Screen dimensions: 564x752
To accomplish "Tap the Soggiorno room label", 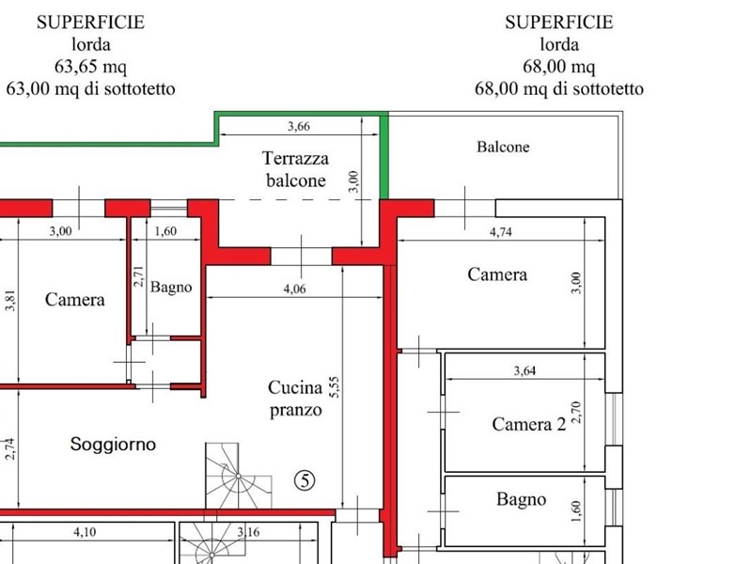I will tap(113, 445).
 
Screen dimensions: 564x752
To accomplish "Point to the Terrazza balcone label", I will tap(296, 169).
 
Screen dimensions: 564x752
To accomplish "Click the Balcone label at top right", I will tap(503, 147).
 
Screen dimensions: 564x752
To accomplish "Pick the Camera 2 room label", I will tap(529, 424).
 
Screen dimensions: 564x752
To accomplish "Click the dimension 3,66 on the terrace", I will tap(298, 126).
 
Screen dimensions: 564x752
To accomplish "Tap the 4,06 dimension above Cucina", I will tap(294, 290).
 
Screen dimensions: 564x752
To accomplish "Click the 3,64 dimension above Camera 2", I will tap(525, 371).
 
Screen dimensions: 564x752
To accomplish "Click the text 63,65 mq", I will tap(90, 67).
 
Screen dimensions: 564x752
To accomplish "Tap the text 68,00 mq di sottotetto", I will tap(559, 89).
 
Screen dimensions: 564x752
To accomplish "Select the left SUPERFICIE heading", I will tap(90, 23).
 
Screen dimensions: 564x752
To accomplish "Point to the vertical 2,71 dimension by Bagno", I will tap(138, 276).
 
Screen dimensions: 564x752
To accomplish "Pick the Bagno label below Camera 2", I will tap(521, 500).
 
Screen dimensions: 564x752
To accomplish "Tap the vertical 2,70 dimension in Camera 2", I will tap(578, 412).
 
